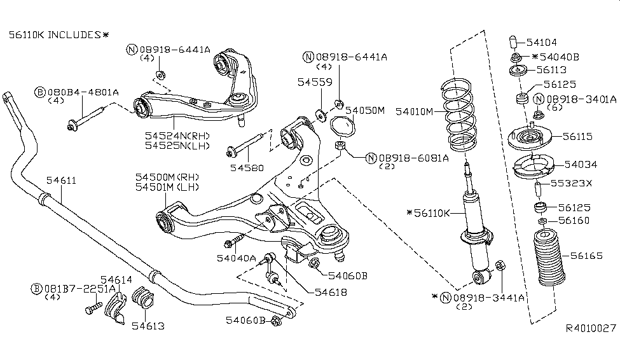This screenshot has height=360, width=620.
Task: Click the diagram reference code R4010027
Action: coord(591,329)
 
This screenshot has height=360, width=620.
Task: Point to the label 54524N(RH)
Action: coord(176,135)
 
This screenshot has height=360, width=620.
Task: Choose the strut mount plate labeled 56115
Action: coord(528,136)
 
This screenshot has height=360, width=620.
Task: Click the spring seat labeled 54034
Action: coord(532,167)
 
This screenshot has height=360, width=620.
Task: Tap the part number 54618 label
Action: coord(331,291)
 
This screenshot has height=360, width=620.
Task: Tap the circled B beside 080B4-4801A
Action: coord(40,93)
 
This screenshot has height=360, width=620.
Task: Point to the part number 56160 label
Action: coord(574,221)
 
